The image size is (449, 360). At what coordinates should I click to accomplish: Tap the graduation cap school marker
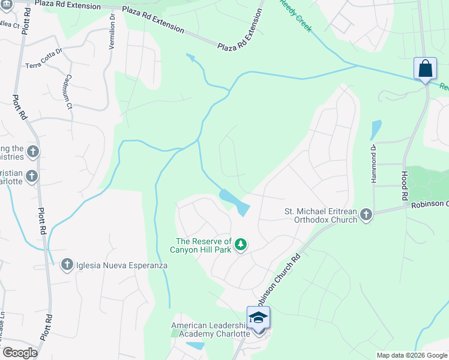click(258, 317)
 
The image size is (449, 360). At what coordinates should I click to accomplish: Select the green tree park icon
click(241, 244)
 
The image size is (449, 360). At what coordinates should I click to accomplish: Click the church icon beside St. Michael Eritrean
click(366, 215)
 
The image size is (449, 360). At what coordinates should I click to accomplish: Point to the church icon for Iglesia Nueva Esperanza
click(67, 265)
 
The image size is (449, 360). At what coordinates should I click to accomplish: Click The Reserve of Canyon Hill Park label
click(203, 245)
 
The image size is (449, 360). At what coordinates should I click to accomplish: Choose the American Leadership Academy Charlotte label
click(209, 329)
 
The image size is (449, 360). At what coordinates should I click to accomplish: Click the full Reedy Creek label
click(296, 16)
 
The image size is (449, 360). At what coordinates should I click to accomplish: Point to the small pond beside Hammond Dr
click(376, 130)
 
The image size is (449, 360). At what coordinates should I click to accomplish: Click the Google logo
click(20, 353)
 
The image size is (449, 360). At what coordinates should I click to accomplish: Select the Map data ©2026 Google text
click(411, 355)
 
